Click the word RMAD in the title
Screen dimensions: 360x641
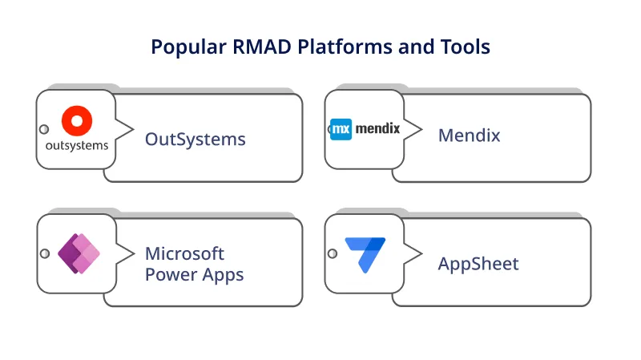(x=265, y=47)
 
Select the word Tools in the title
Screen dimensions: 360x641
(x=463, y=47)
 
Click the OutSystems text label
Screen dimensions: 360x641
(x=195, y=139)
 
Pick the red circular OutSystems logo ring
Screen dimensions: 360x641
(x=77, y=121)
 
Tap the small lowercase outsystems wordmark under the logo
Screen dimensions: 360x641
(x=77, y=147)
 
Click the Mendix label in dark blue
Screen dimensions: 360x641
(x=469, y=136)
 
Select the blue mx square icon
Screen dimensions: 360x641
(x=341, y=128)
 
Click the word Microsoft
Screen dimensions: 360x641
(x=184, y=253)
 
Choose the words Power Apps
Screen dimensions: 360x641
(x=194, y=274)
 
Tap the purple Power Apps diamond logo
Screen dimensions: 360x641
(x=78, y=254)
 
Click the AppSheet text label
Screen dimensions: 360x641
(x=478, y=264)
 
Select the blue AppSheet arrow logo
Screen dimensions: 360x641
(x=365, y=254)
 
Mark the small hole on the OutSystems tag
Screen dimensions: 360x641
(x=45, y=130)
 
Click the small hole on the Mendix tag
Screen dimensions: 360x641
(x=333, y=129)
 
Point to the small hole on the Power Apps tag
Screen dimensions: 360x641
(x=45, y=254)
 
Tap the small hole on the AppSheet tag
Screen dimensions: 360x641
(x=333, y=254)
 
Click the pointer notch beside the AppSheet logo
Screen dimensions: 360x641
(x=414, y=254)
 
